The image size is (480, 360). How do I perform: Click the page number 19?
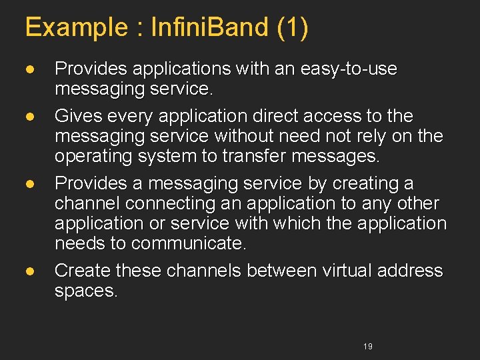click(368, 347)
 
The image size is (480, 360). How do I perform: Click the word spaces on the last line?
click(86, 291)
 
